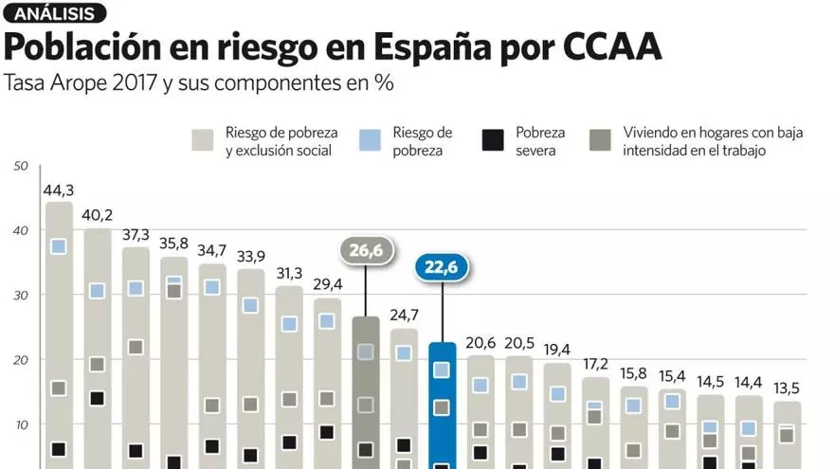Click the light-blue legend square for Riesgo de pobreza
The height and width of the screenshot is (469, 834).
pos(373,141)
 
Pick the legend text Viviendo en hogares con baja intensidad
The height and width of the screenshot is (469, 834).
pos(713,142)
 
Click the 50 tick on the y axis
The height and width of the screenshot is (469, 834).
pos(21,167)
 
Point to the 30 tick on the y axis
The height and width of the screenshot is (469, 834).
pos(21,296)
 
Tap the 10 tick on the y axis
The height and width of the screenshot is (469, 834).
pos(21,424)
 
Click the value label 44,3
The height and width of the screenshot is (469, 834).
pos(59,189)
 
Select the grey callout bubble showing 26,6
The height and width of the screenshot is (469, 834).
pos(366,250)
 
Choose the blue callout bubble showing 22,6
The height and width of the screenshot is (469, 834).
pos(443,267)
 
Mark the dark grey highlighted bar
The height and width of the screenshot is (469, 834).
pos(366,398)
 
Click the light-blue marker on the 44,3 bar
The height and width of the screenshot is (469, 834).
pos(59,246)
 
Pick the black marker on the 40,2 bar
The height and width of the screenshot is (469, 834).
pos(97,398)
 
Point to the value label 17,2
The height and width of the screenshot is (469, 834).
pos(595,365)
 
